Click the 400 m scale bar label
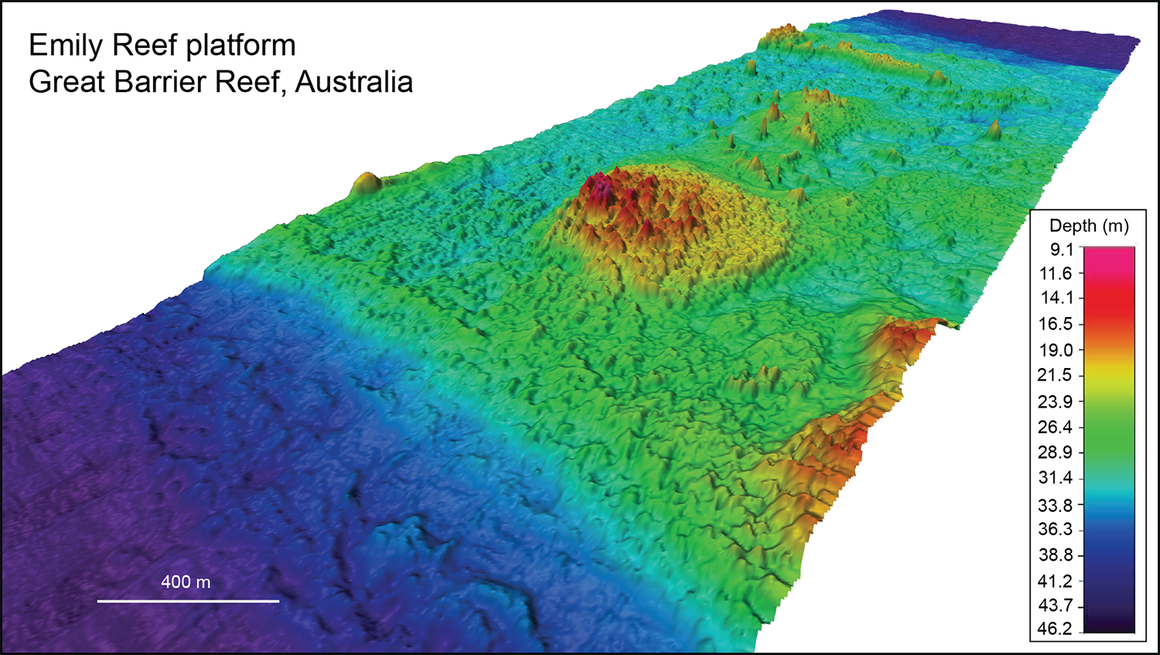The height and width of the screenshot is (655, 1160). [x=186, y=582]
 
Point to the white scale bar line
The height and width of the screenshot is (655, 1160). [x=188, y=601]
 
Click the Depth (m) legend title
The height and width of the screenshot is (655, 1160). [x=1089, y=226]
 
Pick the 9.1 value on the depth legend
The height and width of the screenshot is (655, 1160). [x=1062, y=249]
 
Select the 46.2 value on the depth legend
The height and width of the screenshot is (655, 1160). [x=1055, y=629]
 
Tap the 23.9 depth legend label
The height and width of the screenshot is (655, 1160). [x=1055, y=401]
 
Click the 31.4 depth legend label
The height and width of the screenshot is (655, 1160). [x=1055, y=477]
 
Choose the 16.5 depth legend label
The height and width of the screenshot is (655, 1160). [x=1055, y=324]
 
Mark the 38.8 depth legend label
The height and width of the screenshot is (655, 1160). [x=1055, y=554]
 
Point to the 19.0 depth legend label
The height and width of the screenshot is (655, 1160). [x=1055, y=350]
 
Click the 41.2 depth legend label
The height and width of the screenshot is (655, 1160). [x=1055, y=581]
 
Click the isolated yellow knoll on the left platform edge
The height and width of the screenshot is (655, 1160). [x=366, y=183]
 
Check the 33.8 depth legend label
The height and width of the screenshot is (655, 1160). [x=1055, y=505]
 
